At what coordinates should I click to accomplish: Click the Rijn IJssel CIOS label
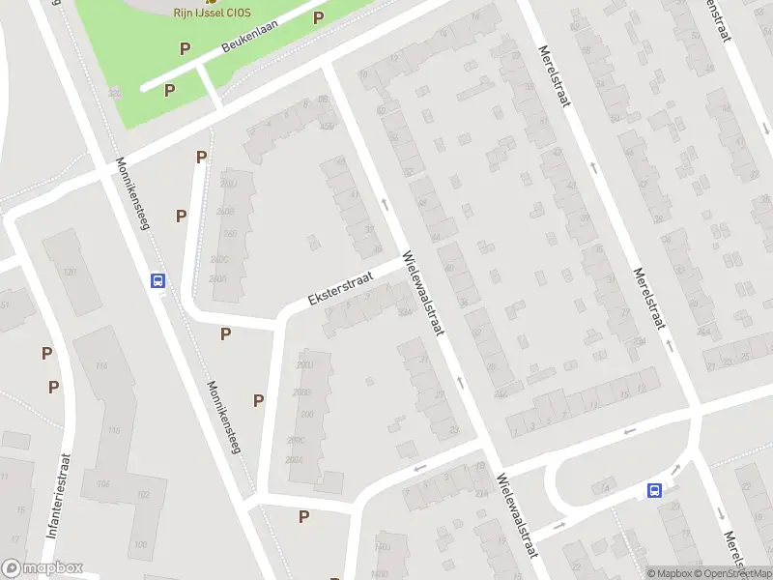pyautogui.click(x=213, y=12)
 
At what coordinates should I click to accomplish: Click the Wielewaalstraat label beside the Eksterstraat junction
pyautogui.click(x=423, y=294)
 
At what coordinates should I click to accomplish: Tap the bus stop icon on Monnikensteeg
pyautogui.click(x=157, y=280)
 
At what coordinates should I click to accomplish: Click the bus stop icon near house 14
pyautogui.click(x=655, y=490)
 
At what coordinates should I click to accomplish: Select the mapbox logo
pyautogui.click(x=43, y=568)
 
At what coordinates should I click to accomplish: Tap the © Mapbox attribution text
pyautogui.click(x=671, y=573)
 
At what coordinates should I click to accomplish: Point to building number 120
pyautogui.click(x=70, y=272)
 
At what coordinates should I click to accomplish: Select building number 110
pyautogui.click(x=114, y=430)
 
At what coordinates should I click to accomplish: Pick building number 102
pyautogui.click(x=142, y=495)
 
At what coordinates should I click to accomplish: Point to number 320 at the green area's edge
pyautogui.click(x=116, y=94)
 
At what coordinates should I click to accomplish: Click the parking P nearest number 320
pyautogui.click(x=169, y=90)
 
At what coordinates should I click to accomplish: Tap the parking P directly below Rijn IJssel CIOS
pyautogui.click(x=185, y=48)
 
